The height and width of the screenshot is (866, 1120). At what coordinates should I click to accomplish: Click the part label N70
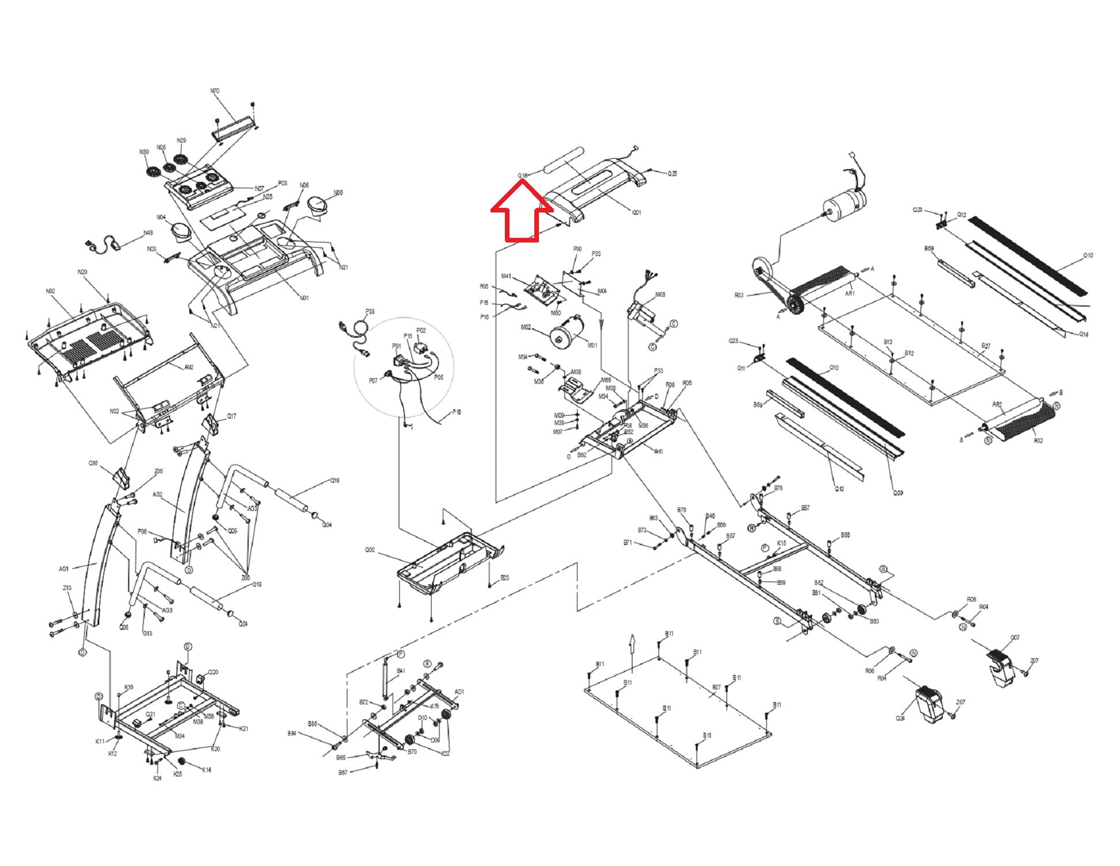pyautogui.click(x=215, y=91)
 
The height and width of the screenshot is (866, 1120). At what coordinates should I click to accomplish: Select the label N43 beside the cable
pyautogui.click(x=148, y=233)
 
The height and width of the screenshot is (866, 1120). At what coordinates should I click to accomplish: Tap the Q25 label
pyautogui.click(x=673, y=173)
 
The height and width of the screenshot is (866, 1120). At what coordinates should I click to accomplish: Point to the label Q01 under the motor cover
pyautogui.click(x=636, y=212)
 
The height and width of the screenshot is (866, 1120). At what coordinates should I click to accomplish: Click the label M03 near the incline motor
pyautogui.click(x=660, y=294)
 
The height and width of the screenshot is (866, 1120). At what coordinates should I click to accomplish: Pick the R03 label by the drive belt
pyautogui.click(x=739, y=295)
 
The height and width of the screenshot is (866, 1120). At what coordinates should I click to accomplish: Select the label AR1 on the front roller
pyautogui.click(x=850, y=293)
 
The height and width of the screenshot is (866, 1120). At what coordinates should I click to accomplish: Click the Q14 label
pyautogui.click(x=1084, y=335)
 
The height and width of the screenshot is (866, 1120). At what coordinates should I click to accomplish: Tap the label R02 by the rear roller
pyautogui.click(x=1038, y=441)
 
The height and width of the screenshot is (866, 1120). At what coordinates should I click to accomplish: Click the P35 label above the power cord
pyautogui.click(x=370, y=312)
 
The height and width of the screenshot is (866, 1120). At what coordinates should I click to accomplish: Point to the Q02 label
pyautogui.click(x=370, y=550)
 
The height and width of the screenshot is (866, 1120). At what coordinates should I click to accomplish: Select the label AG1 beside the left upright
pyautogui.click(x=64, y=569)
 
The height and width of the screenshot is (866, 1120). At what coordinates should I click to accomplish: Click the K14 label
pyautogui.click(x=207, y=770)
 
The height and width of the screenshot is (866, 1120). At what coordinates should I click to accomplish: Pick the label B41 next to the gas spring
pyautogui.click(x=401, y=671)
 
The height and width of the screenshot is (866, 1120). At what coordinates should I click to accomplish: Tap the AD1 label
pyautogui.click(x=459, y=692)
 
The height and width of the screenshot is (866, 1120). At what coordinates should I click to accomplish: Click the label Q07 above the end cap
pyautogui.click(x=1015, y=638)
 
